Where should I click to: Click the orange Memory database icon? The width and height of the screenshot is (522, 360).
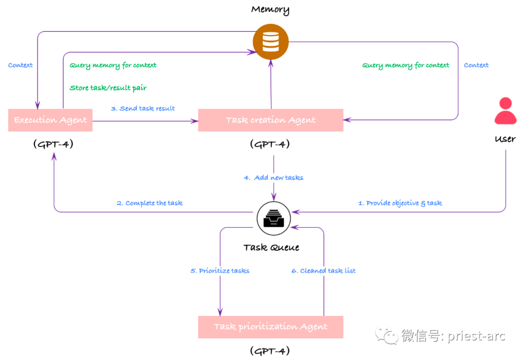pyautogui.click(x=271, y=42)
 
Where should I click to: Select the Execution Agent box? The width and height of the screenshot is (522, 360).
pyautogui.click(x=50, y=120)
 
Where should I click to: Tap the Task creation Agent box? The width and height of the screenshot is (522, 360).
pyautogui.click(x=271, y=120)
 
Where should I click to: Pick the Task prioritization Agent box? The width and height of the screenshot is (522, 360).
pyautogui.click(x=271, y=327)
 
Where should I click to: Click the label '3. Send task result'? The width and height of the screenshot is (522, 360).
pyautogui.click(x=143, y=108)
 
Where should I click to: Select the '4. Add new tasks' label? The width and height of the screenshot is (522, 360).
pyautogui.click(x=274, y=178)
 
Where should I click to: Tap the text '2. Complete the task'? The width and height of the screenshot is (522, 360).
pyautogui.click(x=149, y=203)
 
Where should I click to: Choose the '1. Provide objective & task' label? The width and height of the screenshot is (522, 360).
pyautogui.click(x=400, y=203)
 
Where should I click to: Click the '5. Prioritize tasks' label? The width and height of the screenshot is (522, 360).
pyautogui.click(x=220, y=271)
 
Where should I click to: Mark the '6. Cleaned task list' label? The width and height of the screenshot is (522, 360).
pyautogui.click(x=323, y=271)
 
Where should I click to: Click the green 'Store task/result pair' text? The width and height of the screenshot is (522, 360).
pyautogui.click(x=108, y=88)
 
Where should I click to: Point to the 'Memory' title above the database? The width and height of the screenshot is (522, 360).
pyautogui.click(x=270, y=9)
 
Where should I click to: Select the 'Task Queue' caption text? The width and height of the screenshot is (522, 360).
pyautogui.click(x=271, y=247)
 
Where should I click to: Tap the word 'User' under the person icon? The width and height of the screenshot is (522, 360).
pyautogui.click(x=505, y=139)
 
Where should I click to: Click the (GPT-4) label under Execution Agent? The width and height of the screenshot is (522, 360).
pyautogui.click(x=53, y=144)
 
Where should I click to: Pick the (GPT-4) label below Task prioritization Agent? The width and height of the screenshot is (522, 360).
pyautogui.click(x=270, y=350)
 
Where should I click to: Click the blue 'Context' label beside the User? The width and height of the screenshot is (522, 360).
pyautogui.click(x=476, y=65)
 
